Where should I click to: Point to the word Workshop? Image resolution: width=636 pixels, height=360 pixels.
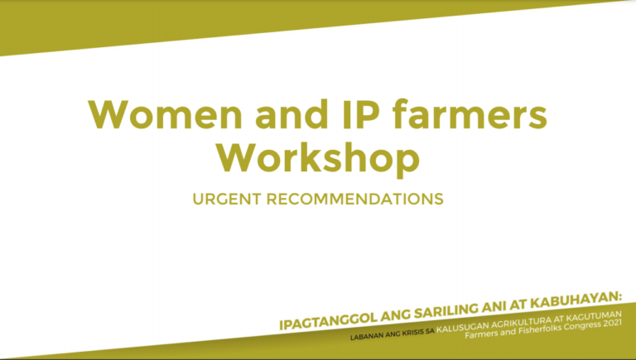[x=318, y=157]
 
